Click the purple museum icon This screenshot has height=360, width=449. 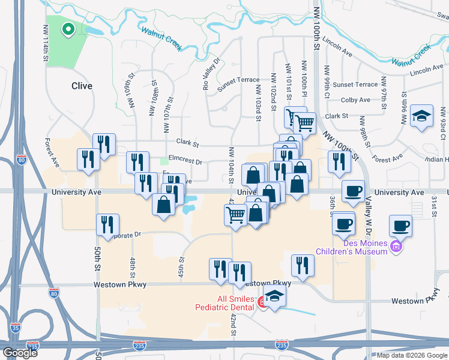coord(396,246)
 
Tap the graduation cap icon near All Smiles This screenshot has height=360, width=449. coord(274,296)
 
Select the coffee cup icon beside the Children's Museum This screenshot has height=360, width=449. coord(401,226)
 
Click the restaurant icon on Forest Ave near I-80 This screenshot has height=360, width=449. coord(88,160)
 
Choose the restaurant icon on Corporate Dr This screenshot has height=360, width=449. coord(108,224)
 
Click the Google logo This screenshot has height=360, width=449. coord(19,353)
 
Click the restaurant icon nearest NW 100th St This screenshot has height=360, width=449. coord(339,161)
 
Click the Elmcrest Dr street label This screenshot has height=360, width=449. coord(185,161)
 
